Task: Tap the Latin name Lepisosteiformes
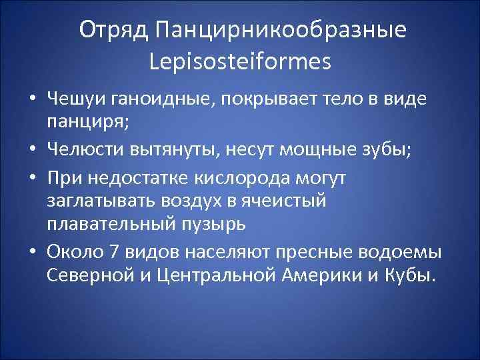(241, 62)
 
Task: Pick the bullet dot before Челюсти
(32, 151)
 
